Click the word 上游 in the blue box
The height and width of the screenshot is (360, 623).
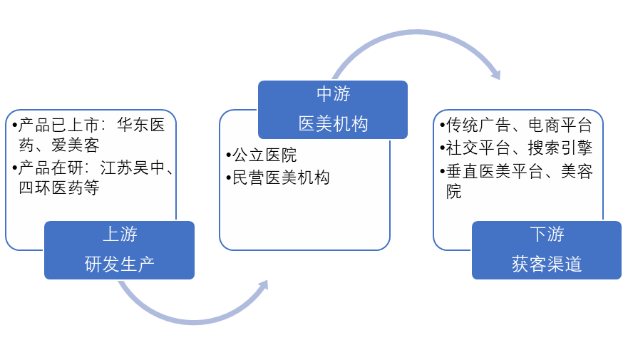[x=120, y=234]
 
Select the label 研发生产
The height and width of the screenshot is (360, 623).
[x=120, y=264]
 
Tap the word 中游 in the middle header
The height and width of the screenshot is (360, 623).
[x=333, y=93]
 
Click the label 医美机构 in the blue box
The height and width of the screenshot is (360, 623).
[x=333, y=123]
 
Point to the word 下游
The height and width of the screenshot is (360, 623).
[x=547, y=234]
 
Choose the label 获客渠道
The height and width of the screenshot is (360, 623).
[x=547, y=264]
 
